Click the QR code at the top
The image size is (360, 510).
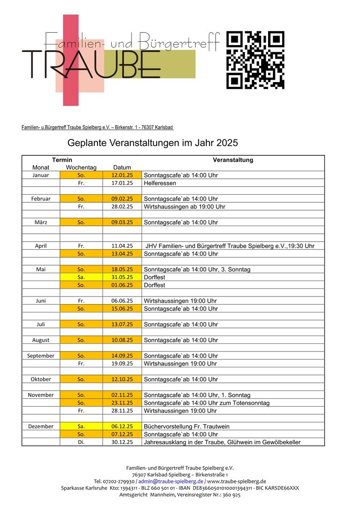tap(255, 60)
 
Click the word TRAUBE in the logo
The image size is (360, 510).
tap(91, 64)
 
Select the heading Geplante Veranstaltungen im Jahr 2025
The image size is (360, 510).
tap(153, 142)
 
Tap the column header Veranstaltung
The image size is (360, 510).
tap(232, 160)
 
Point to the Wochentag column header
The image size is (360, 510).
tap(81, 167)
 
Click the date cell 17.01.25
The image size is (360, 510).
tap(122, 183)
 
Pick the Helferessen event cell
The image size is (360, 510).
tap(161, 183)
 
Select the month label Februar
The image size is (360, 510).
tap(41, 199)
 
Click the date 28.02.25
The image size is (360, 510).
tap(122, 206)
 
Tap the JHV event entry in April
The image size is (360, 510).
tap(230, 246)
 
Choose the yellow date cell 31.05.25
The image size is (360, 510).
tap(122, 277)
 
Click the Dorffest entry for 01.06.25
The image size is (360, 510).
tap(154, 285)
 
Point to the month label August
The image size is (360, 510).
tap(41, 340)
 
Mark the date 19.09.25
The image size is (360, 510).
tap(122, 364)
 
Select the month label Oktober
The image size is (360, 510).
tap(41, 379)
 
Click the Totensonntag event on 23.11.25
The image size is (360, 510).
tap(206, 403)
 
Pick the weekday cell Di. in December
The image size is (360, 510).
tap(81, 442)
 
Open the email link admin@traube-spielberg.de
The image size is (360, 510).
tap(171, 481)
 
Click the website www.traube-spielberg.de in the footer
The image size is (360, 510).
tap(236, 481)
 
